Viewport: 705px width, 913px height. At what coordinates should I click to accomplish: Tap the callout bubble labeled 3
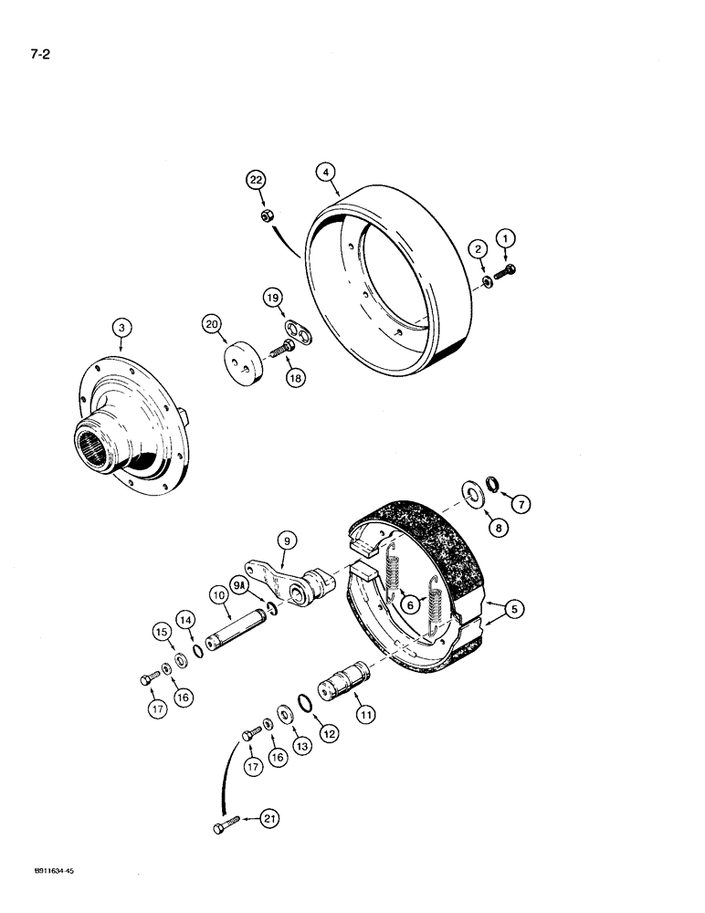tap(121, 327)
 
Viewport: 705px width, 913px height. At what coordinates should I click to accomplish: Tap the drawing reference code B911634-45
tap(44, 897)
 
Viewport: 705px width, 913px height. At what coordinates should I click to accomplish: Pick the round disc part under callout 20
tap(235, 364)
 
